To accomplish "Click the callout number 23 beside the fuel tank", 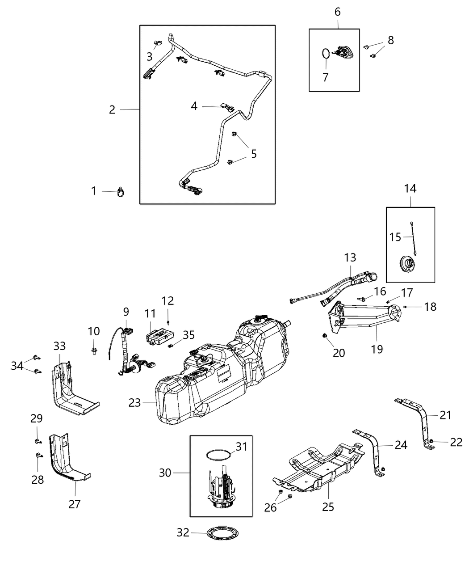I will (x=134, y=403).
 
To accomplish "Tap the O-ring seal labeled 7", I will (x=327, y=54).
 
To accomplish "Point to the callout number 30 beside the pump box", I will (x=165, y=472).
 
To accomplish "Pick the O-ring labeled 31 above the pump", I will (x=218, y=455).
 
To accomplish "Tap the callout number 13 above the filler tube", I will (x=350, y=258).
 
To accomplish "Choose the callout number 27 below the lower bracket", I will (x=75, y=504).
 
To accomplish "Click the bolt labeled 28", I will (x=38, y=456).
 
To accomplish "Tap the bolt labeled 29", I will (x=38, y=441).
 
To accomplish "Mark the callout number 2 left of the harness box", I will (x=112, y=110).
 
